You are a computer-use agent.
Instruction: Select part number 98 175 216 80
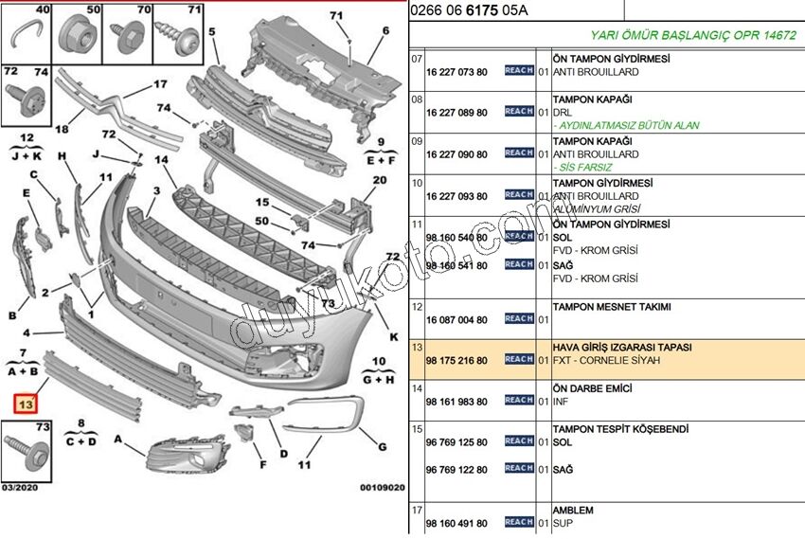456,361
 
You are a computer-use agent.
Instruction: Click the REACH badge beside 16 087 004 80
519,319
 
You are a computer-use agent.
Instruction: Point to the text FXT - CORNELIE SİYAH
606,361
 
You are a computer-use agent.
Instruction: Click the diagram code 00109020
382,488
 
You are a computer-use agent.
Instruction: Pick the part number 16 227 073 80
456,71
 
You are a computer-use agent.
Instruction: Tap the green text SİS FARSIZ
586,167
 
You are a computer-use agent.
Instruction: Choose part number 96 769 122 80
456,469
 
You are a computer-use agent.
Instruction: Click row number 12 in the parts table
417,306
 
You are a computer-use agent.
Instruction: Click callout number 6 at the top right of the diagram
385,30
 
